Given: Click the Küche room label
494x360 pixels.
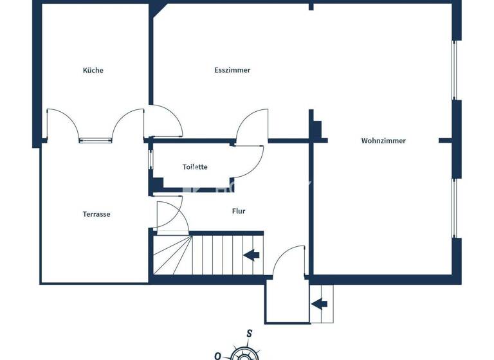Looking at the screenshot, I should click(x=93, y=70).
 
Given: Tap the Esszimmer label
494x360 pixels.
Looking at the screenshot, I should click(x=232, y=70).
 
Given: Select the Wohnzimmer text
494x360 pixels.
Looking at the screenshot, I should click(x=383, y=141).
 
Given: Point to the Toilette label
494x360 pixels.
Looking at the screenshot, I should click(x=195, y=167).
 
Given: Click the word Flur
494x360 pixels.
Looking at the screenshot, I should click(x=239, y=211).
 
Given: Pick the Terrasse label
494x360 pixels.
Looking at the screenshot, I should click(x=96, y=214).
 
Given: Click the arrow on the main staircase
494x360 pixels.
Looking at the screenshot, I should click(x=252, y=255).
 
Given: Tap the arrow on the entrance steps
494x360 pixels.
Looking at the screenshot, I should click(x=321, y=303).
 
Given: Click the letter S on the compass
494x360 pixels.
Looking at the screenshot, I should click(x=249, y=333).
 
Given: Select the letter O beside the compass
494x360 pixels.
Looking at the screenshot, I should click(x=218, y=355).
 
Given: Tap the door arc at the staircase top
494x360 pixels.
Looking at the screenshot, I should click(x=170, y=215).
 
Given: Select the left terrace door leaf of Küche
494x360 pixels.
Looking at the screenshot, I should click(x=62, y=123).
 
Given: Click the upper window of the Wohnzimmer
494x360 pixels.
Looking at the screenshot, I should click(x=455, y=71).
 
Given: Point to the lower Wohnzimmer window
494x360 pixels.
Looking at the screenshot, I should click(x=455, y=208).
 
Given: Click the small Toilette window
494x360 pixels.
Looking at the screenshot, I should click(x=151, y=159).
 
